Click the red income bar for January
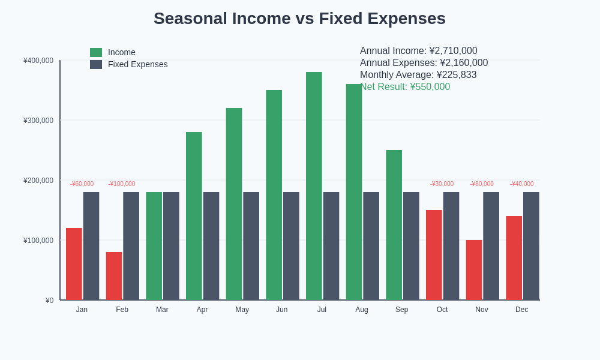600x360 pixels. [x=74, y=264]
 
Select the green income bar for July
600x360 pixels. [x=314, y=186]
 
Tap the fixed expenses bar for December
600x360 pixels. [x=531, y=246]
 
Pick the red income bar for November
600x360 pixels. [x=474, y=270]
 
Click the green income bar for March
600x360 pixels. [x=154, y=246]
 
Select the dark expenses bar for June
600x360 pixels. [x=291, y=246]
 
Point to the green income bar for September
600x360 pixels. [x=394, y=225]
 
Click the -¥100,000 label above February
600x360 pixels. [x=122, y=184]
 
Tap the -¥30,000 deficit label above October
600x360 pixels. [x=442, y=184]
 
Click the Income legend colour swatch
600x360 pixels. [x=96, y=52]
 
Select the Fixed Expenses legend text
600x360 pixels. [x=137, y=64]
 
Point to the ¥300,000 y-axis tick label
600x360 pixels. [x=38, y=121]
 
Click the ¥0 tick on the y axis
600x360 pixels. [x=49, y=301]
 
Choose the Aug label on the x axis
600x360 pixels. [x=362, y=310]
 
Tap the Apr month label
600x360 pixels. [x=202, y=310]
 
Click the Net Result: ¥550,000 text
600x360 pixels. [x=405, y=87]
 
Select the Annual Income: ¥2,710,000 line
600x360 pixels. [x=418, y=51]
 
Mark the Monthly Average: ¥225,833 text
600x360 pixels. [x=418, y=75]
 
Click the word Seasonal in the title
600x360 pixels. [x=190, y=19]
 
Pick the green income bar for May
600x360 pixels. [x=234, y=204]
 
